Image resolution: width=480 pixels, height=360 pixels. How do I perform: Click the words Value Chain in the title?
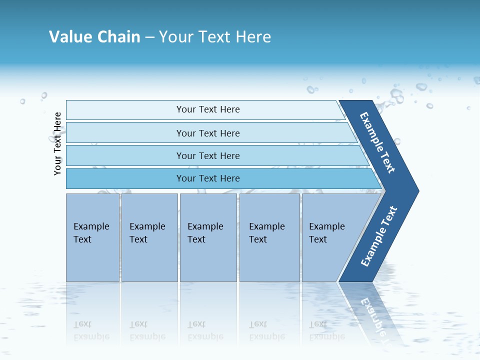click(94, 37)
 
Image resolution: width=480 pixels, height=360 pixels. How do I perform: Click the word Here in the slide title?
click(253, 37)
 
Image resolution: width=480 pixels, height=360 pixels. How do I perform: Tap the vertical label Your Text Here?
click(57, 144)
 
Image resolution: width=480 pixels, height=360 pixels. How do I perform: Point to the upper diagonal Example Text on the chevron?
click(378, 142)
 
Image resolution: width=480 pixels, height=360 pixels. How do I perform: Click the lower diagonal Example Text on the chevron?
click(379, 236)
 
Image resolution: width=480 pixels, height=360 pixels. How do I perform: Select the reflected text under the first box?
click(91, 330)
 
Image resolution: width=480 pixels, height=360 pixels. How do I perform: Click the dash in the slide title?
click(149, 37)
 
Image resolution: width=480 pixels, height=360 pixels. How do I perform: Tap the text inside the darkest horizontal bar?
click(208, 178)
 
